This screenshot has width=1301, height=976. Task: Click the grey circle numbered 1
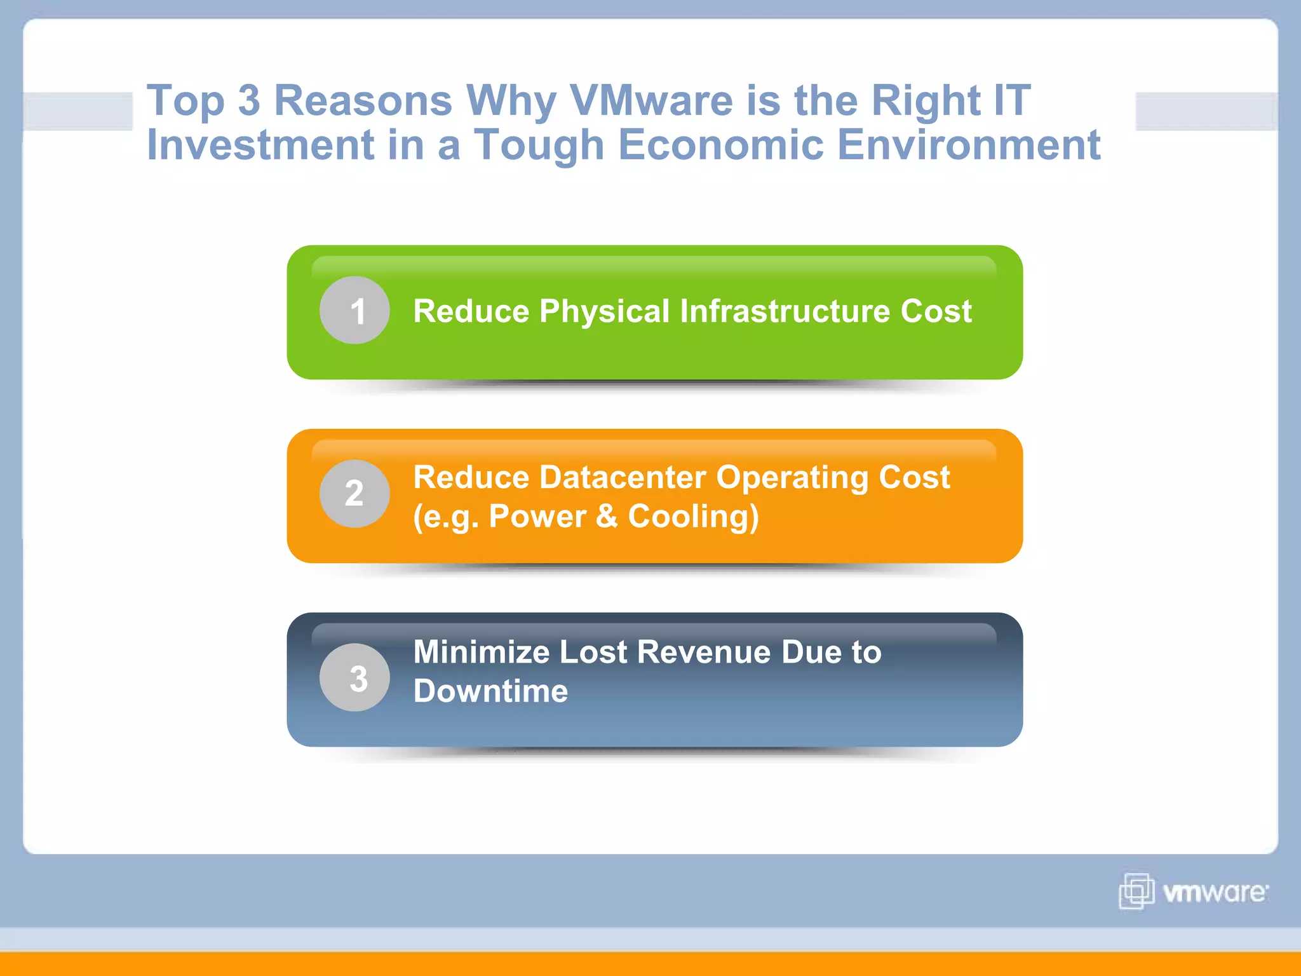click(x=354, y=310)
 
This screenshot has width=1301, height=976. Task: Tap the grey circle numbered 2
click(x=354, y=494)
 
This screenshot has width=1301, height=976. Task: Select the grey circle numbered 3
click(x=354, y=677)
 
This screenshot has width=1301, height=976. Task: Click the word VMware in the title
click(x=650, y=100)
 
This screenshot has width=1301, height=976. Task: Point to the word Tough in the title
click(x=539, y=145)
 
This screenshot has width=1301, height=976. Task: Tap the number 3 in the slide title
click(x=249, y=100)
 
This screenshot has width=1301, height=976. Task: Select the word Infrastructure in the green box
click(x=785, y=311)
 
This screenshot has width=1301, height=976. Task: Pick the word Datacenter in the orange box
click(x=623, y=477)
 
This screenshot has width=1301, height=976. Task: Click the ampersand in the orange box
click(x=607, y=516)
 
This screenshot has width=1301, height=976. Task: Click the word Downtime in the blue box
click(x=490, y=691)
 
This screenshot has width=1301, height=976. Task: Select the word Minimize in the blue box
click(x=481, y=652)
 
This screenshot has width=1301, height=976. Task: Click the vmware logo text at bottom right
click(x=1215, y=893)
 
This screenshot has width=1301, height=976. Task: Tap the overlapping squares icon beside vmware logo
click(x=1136, y=891)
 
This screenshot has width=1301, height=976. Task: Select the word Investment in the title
click(x=260, y=145)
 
